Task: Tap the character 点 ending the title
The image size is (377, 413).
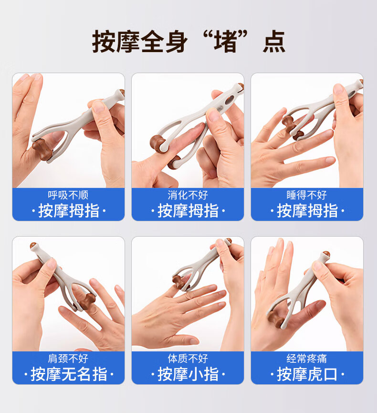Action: (x=273, y=42)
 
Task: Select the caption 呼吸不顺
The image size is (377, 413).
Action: (x=68, y=195)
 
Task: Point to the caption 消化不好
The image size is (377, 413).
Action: (x=188, y=195)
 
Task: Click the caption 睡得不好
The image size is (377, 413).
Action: (x=307, y=195)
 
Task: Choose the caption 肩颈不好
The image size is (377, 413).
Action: (x=68, y=359)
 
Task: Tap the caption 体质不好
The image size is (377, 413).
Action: (x=188, y=359)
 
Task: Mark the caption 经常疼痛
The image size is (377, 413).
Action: (x=307, y=359)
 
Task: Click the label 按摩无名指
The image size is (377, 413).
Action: (x=69, y=374)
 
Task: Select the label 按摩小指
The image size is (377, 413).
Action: (x=188, y=374)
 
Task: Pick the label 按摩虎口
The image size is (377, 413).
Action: (x=307, y=374)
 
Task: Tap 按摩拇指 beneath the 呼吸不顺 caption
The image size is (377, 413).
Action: (x=69, y=211)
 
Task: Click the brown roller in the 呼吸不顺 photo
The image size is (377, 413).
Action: (x=42, y=149)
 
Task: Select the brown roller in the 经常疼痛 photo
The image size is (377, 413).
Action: (x=276, y=319)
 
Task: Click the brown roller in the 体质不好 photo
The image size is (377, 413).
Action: (x=178, y=281)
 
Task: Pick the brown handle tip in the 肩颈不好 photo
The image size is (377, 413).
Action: (x=33, y=246)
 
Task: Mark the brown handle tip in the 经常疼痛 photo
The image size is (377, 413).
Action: (x=326, y=254)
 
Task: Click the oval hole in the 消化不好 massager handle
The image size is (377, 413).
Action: (x=230, y=100)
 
